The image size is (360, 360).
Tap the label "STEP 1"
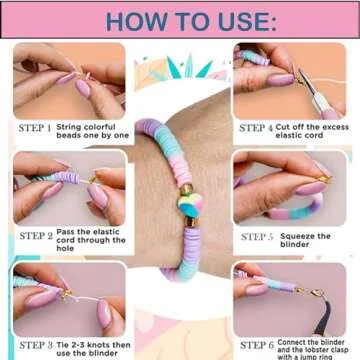(36, 128)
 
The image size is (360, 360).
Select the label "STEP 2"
(36, 236)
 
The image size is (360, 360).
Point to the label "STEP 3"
(36, 344)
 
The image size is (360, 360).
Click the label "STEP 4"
(258, 128)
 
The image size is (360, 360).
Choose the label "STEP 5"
(258, 236)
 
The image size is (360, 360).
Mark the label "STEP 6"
(258, 344)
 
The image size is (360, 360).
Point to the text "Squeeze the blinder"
(309, 241)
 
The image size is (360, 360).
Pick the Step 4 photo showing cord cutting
(290, 80)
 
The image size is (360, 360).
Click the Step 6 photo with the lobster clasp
(290, 297)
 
